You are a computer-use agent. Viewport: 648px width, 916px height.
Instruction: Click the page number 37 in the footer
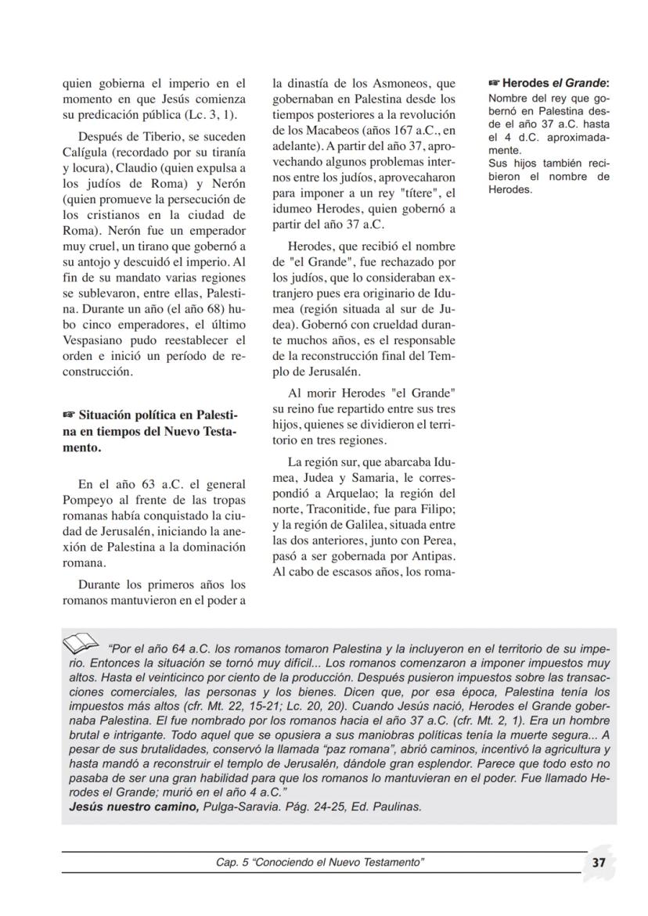pyautogui.click(x=599, y=862)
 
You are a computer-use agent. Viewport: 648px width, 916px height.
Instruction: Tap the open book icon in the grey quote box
pyautogui.click(x=81, y=644)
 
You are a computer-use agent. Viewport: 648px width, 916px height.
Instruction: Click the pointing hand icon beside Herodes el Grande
pyautogui.click(x=493, y=82)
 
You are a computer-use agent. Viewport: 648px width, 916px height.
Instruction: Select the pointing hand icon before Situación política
pyautogui.click(x=70, y=412)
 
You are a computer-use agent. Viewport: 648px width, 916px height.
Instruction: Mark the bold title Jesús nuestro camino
pyautogui.click(x=132, y=806)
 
